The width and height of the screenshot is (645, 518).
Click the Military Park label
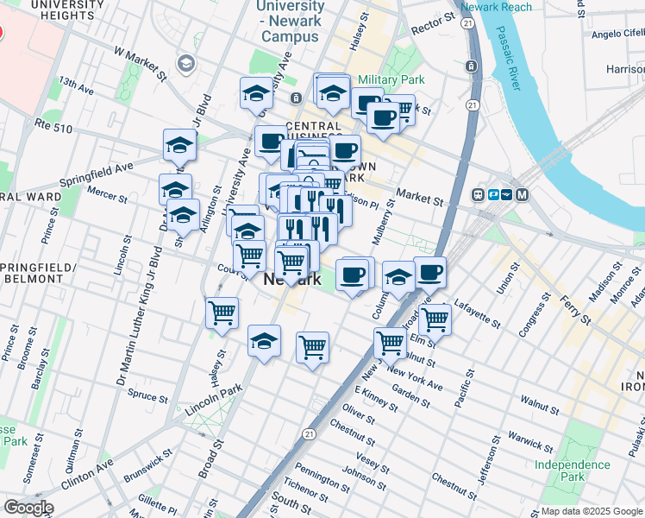click(392, 79)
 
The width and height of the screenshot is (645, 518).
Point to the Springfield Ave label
click(96, 174)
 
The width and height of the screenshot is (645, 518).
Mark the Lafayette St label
click(477, 315)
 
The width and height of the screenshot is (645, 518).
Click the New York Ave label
click(415, 377)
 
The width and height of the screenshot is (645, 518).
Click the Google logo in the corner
click(28, 508)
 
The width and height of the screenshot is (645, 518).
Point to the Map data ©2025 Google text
click(592, 511)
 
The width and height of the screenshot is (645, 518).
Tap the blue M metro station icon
click(523, 194)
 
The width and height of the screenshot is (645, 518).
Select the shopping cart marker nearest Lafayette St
click(435, 319)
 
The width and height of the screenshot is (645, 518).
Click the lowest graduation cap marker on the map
click(264, 341)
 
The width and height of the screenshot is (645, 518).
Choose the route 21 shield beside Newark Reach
click(467, 23)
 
